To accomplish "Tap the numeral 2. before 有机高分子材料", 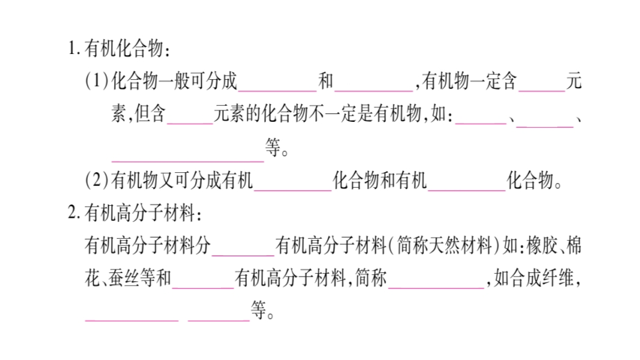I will pyautogui.click(x=74, y=213).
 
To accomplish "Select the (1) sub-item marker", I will pyautogui.click(x=97, y=82).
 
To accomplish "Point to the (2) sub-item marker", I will pyautogui.click(x=97, y=181).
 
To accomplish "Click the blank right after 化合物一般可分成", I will pyautogui.click(x=277, y=84).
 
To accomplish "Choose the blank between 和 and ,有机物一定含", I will pyautogui.click(x=374, y=84).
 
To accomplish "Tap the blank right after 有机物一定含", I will pyautogui.click(x=542, y=84).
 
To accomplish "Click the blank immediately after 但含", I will pyautogui.click(x=190, y=117).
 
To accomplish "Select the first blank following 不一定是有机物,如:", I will pyautogui.click(x=480, y=117).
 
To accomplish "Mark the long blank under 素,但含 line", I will pyautogui.click(x=187, y=154).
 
